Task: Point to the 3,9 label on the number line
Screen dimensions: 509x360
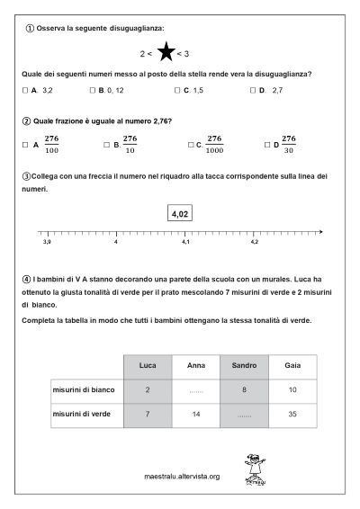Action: pyautogui.click(x=47, y=242)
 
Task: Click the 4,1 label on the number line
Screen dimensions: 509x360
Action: pyautogui.click(x=185, y=242)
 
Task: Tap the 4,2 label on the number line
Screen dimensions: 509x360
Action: pyautogui.click(x=254, y=242)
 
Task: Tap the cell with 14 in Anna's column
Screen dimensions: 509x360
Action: pyautogui.click(x=195, y=417)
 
